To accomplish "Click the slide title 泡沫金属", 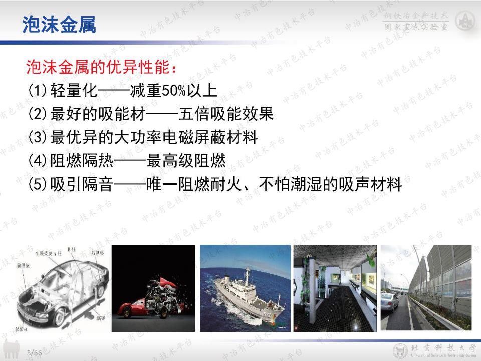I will pos(59,25).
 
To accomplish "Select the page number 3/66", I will pos(34,353).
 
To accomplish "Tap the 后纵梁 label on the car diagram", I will pos(97,254).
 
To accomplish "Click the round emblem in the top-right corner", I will pos(464,21).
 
